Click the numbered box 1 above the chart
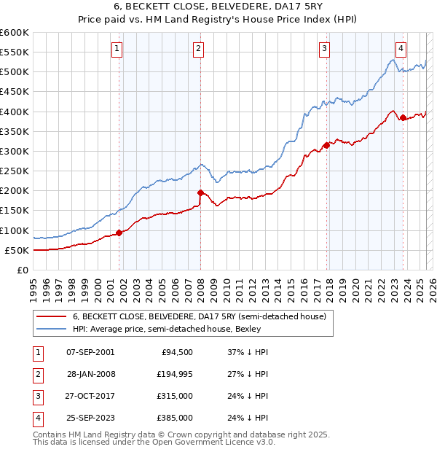117,49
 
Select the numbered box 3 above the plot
324,49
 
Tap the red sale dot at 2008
200,192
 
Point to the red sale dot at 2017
326,145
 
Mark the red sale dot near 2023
403,117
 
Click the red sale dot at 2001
119,233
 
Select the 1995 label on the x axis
33,284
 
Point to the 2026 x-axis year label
431,284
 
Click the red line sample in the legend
51,316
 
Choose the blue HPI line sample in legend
51,329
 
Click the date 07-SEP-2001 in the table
90,352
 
